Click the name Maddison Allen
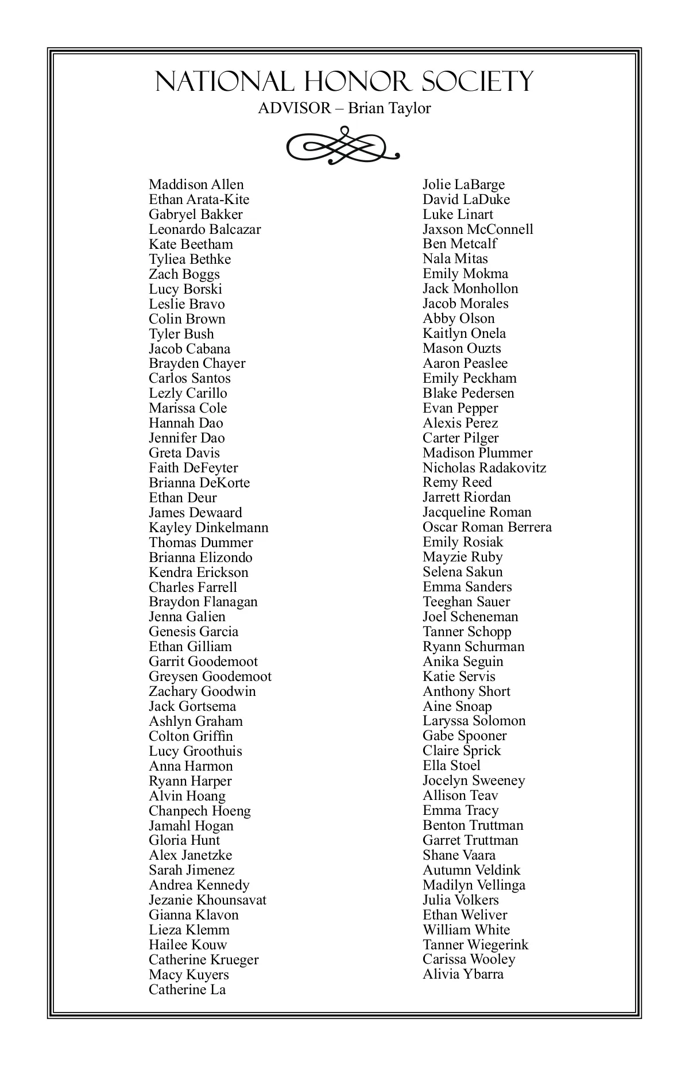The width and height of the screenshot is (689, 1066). click(x=196, y=184)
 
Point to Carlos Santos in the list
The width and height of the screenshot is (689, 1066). click(x=189, y=378)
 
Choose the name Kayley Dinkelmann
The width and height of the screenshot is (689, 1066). click(x=208, y=528)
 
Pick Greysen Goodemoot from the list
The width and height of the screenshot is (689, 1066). click(x=210, y=676)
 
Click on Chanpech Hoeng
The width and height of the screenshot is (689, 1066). click(x=200, y=811)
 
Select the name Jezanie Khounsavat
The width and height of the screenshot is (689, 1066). click(x=207, y=900)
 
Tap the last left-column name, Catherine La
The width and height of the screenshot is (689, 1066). click(x=187, y=990)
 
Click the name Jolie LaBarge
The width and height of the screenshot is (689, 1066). click(x=464, y=184)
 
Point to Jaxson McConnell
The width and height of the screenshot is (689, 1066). click(x=478, y=229)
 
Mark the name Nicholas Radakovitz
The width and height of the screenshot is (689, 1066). click(x=485, y=468)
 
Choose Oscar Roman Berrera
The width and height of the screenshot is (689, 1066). click(x=487, y=527)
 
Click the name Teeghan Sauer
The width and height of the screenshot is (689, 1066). click(x=466, y=602)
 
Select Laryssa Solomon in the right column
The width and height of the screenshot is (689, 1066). click(x=474, y=721)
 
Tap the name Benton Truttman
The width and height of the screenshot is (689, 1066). click(x=473, y=825)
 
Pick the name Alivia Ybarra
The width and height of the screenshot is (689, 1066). click(x=463, y=974)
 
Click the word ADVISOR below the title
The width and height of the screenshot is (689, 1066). click(x=295, y=108)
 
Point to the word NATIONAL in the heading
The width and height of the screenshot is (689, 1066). click(x=224, y=82)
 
